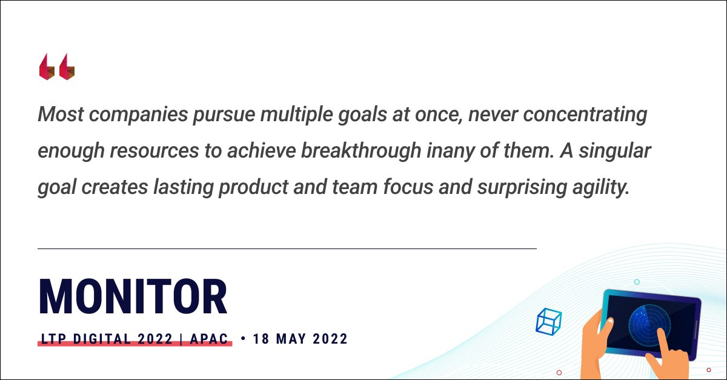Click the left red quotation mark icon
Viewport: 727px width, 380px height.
tap(47, 67)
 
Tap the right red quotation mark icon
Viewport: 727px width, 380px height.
tap(67, 67)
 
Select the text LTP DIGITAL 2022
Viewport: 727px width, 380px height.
tap(106, 339)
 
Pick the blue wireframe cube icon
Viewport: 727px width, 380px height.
tap(549, 322)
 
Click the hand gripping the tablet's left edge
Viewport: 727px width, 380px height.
tap(595, 339)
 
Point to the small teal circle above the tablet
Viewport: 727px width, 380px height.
tap(637, 282)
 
